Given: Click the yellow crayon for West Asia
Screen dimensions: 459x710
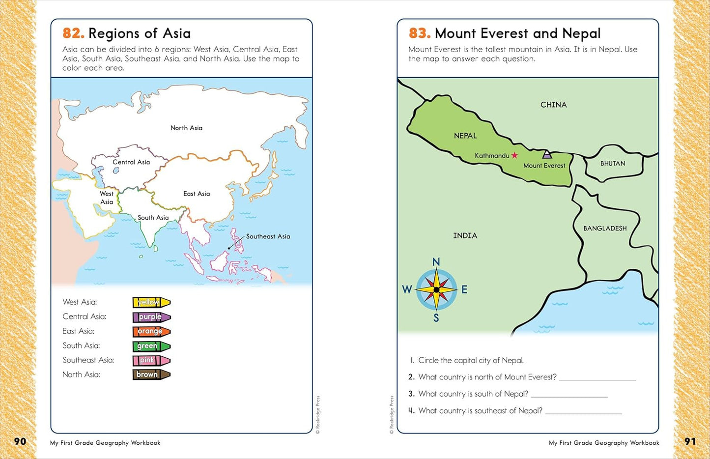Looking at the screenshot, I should (151, 302).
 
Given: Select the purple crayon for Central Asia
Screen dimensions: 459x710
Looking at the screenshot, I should (151, 317).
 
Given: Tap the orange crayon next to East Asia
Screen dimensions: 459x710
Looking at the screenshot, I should (151, 332).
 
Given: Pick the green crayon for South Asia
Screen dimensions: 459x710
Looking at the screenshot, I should (151, 346).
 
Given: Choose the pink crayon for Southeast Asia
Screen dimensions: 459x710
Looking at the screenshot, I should (151, 360).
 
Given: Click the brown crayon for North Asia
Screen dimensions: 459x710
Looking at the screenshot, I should (151, 374).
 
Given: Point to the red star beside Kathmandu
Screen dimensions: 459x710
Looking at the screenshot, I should (514, 155).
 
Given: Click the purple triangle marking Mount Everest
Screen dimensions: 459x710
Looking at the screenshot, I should (547, 155).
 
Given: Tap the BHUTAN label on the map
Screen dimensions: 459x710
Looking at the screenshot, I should (613, 164).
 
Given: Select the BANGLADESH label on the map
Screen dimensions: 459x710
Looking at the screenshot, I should (605, 229).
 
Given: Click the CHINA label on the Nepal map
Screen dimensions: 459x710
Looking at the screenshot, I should (553, 105).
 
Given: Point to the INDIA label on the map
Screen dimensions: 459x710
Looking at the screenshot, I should (465, 236).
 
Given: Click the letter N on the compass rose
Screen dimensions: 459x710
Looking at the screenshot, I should (436, 262).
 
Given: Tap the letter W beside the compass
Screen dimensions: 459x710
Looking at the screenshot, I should (407, 289).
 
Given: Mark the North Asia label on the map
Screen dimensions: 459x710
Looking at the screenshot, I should (186, 128).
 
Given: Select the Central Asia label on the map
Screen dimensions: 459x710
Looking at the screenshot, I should (131, 162).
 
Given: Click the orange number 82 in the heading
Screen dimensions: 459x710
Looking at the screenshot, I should (73, 33).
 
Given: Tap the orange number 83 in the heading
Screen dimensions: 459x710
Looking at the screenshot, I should (420, 33).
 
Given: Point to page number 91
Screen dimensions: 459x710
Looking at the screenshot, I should (690, 441).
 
